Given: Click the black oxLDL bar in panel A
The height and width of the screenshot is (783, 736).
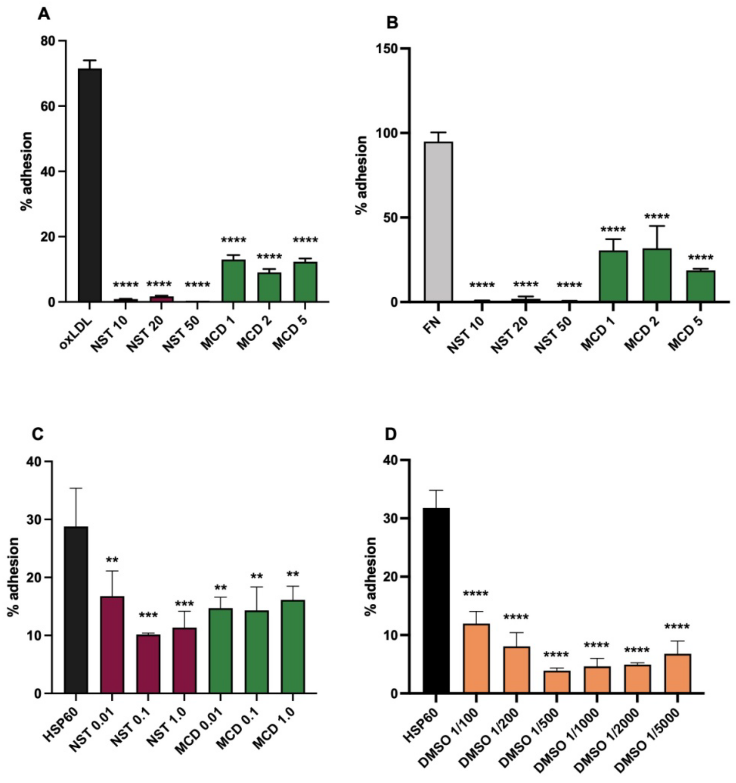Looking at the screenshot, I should click(x=90, y=185).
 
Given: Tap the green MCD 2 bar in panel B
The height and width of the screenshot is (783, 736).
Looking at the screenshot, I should click(x=657, y=275).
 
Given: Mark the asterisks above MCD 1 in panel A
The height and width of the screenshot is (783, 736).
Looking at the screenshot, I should click(x=233, y=240).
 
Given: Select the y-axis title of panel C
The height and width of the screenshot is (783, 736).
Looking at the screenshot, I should click(x=13, y=577).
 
